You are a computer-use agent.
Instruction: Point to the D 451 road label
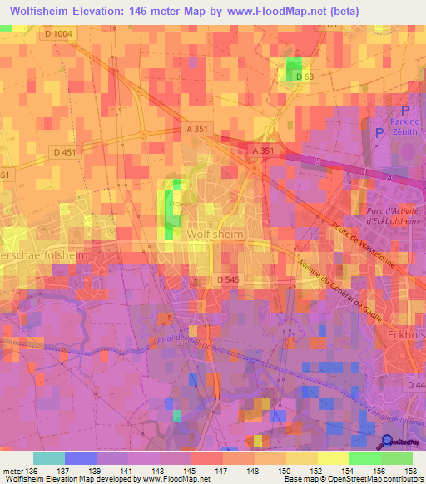(64, 151)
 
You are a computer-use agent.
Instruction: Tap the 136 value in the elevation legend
(31, 472)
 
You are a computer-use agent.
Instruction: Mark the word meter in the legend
(12, 472)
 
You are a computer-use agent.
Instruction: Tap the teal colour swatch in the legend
(48, 458)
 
